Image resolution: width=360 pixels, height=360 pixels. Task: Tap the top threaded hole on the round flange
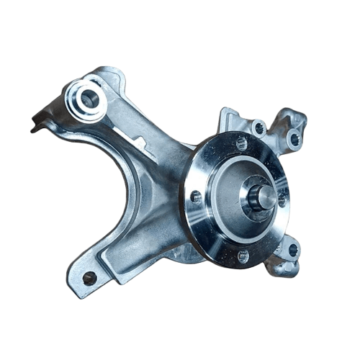coord(242,143)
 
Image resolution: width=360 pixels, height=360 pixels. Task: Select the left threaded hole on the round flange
coord(196,196)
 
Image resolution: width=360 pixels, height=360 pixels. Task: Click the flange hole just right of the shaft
coord(282,200)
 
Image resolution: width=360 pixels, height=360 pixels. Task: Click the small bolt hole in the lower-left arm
coord(89,277)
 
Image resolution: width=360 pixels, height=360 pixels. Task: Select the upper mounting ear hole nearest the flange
coord(258,128)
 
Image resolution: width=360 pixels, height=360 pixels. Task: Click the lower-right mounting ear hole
coord(292,250)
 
